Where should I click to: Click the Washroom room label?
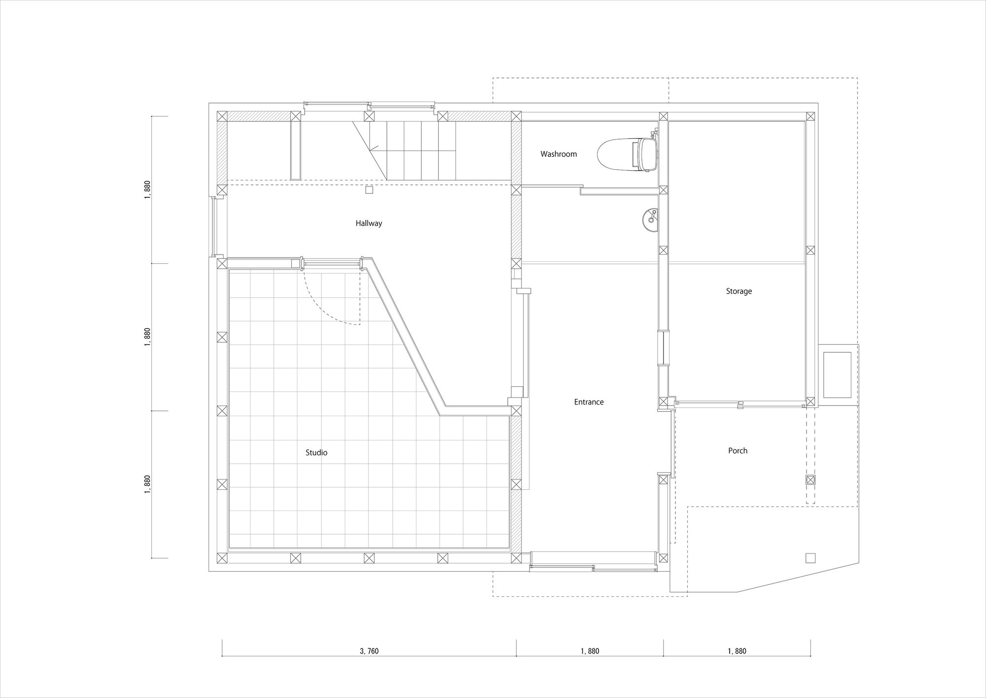(x=558, y=154)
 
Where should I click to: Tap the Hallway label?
(x=369, y=223)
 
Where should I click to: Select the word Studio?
(x=317, y=452)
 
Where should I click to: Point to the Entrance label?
(x=589, y=402)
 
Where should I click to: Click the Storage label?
(x=739, y=291)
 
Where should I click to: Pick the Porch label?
(x=738, y=450)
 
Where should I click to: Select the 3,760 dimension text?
(x=369, y=651)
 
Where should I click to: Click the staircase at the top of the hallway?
(x=404, y=151)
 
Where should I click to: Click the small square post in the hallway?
(x=370, y=190)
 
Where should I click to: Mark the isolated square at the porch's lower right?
(x=810, y=558)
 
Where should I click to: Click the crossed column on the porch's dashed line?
(x=810, y=479)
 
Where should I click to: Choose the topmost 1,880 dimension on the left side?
(x=147, y=190)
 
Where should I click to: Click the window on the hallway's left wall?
(x=213, y=226)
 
